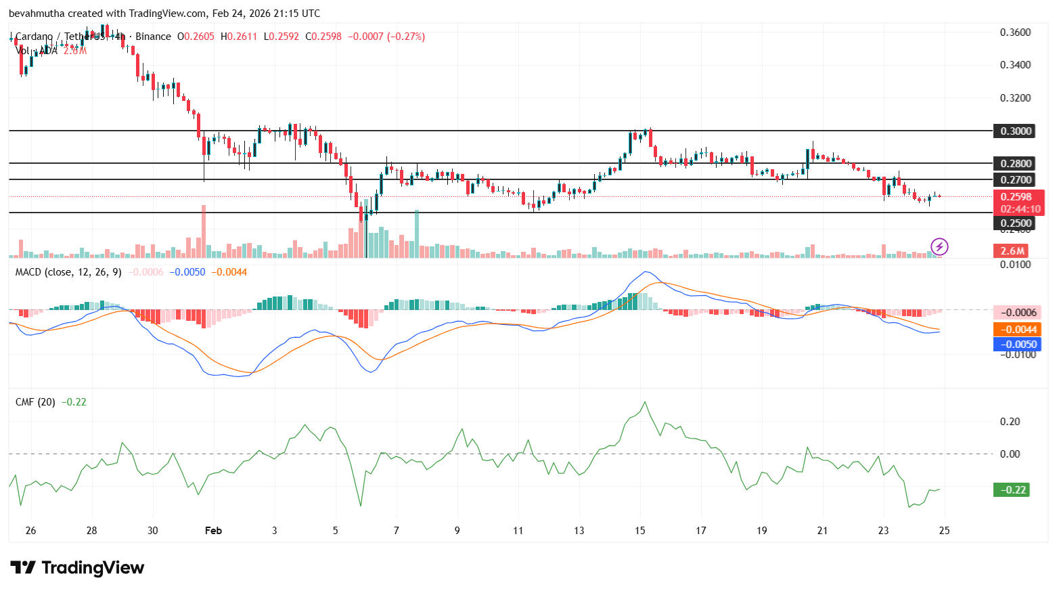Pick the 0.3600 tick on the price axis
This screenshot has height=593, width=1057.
(1015, 32)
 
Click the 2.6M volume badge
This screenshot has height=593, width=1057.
(1012, 250)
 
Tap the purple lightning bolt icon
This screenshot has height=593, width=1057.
(939, 246)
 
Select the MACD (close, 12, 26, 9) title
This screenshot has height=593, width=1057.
(68, 272)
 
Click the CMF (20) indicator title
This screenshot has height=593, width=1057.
(35, 402)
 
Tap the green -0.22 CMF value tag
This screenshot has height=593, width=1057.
(1011, 489)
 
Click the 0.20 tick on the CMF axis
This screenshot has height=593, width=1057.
(1010, 421)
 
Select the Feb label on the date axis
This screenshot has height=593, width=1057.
(213, 530)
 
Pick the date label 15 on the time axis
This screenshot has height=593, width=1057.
(639, 530)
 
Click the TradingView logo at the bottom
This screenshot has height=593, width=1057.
(77, 567)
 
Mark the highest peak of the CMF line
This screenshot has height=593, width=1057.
(644, 402)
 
